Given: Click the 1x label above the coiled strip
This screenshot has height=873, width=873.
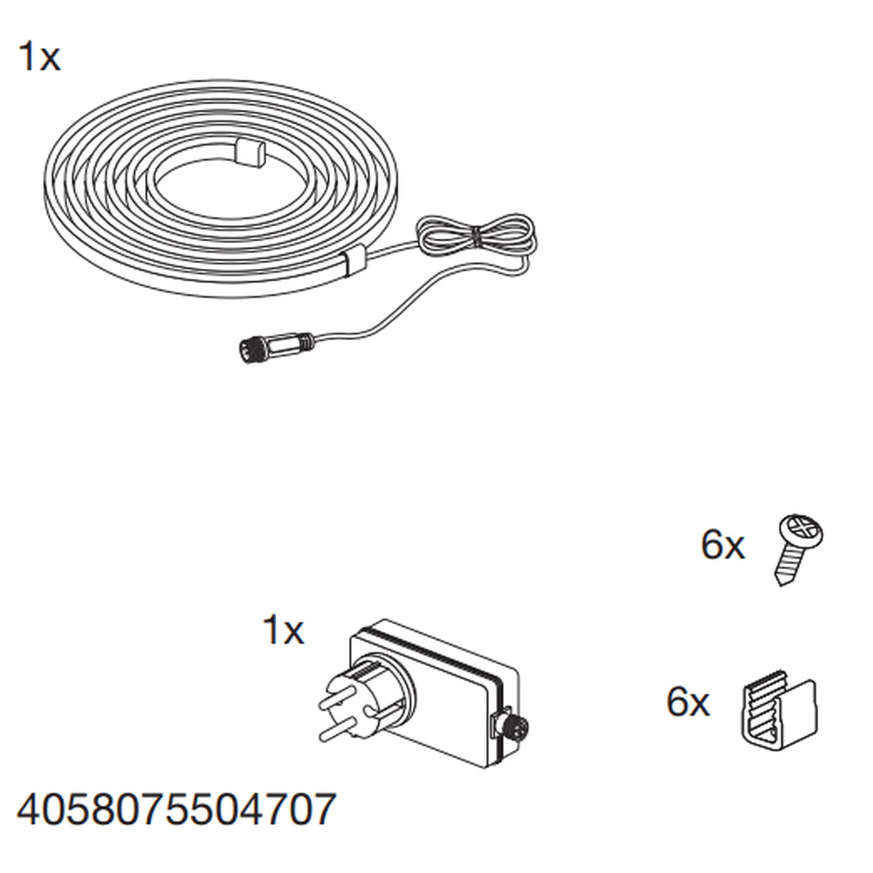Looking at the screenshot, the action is coord(39,57).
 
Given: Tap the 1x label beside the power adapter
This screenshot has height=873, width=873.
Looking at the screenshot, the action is coord(283,630).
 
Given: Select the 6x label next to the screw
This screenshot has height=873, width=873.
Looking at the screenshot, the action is coord(722,545).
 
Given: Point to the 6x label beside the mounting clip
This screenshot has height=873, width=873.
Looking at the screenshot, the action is coord(688,702).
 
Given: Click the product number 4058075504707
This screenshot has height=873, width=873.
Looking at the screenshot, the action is coord(176,809).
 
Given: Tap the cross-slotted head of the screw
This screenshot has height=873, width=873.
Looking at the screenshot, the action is coord(801,531).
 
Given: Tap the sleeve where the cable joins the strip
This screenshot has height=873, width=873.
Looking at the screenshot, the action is coord(353,260).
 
